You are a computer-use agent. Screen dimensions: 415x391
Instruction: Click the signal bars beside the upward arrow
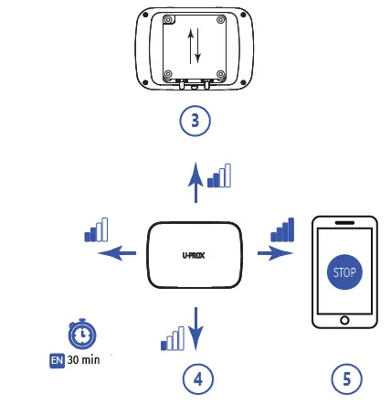219,176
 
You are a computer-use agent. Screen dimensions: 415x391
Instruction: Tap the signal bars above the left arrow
96,229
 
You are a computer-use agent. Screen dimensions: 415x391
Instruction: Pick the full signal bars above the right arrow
282,229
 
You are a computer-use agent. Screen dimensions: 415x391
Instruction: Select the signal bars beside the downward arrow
172,337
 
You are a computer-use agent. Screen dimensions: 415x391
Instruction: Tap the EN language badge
56,359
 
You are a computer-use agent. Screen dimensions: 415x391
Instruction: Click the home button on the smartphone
344,320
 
